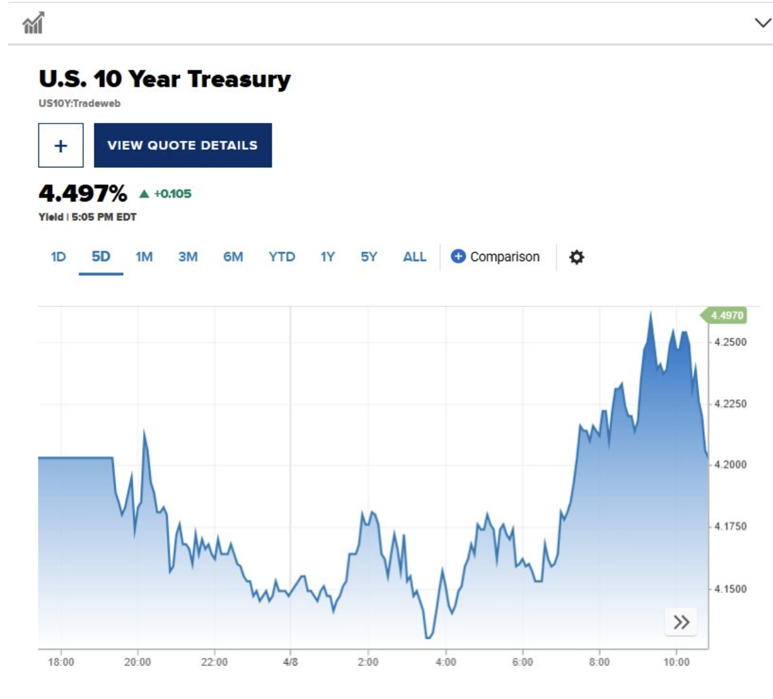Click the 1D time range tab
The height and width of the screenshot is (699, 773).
click(x=58, y=257)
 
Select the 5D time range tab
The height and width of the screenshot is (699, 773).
click(x=101, y=257)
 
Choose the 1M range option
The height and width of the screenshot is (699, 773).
click(x=144, y=257)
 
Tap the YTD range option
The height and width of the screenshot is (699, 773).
click(x=282, y=257)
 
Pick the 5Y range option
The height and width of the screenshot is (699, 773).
click(x=369, y=257)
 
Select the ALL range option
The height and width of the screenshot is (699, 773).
click(x=414, y=257)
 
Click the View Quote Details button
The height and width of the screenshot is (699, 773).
click(x=183, y=146)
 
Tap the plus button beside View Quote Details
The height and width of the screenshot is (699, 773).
click(x=61, y=146)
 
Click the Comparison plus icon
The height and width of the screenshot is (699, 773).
click(x=458, y=257)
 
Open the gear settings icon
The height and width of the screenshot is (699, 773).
click(x=576, y=257)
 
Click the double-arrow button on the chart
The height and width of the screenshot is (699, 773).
click(x=681, y=622)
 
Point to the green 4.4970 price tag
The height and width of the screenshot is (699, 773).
click(x=727, y=315)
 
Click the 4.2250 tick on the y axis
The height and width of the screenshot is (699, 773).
click(x=730, y=404)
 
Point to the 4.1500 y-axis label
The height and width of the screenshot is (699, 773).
click(x=730, y=589)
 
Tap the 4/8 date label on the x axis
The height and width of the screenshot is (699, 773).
click(x=290, y=662)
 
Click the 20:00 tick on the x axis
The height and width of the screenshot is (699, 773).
click(x=138, y=662)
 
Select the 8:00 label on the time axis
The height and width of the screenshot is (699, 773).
click(x=600, y=662)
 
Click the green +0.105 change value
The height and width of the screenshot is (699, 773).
click(x=172, y=194)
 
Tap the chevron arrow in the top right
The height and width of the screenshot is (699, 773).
click(x=763, y=23)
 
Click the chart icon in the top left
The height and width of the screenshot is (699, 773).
click(x=33, y=23)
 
